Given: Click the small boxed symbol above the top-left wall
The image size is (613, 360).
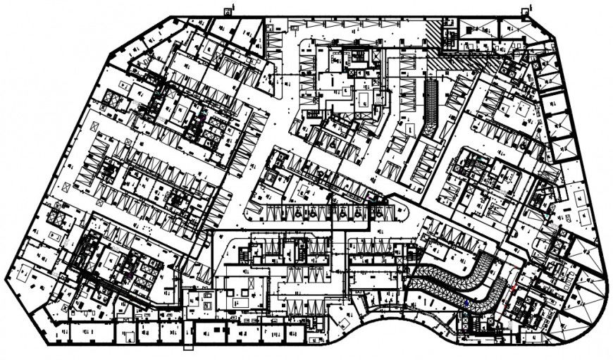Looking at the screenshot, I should tap(228, 10).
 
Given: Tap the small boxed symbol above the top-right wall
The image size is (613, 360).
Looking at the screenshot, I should tap(526, 10).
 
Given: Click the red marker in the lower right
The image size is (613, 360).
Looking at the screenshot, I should tap(513, 289).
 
